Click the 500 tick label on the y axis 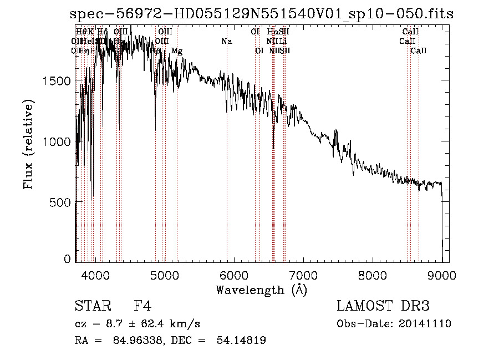(x=59, y=202)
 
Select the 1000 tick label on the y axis (x=56, y=141)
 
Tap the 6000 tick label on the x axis (x=234, y=274)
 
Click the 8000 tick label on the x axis (x=373, y=274)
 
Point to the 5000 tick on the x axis (x=165, y=261)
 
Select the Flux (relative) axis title (x=29, y=144)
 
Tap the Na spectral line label (x=226, y=42)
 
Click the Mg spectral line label (x=177, y=51)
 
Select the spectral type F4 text (x=142, y=306)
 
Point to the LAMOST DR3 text (x=383, y=306)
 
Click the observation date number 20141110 (x=424, y=324)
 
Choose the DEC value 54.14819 (x=243, y=341)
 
